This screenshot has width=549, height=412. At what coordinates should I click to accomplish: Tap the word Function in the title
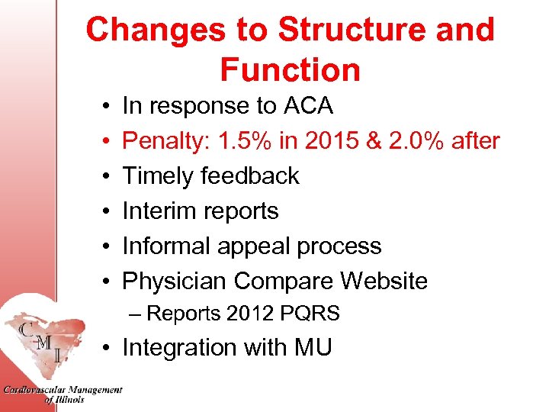coord(291,70)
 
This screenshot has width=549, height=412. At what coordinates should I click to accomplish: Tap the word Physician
coord(175,282)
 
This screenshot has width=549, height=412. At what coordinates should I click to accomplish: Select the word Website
coord(384,282)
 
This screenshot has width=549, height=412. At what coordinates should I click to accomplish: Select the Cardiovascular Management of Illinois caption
coord(62,394)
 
